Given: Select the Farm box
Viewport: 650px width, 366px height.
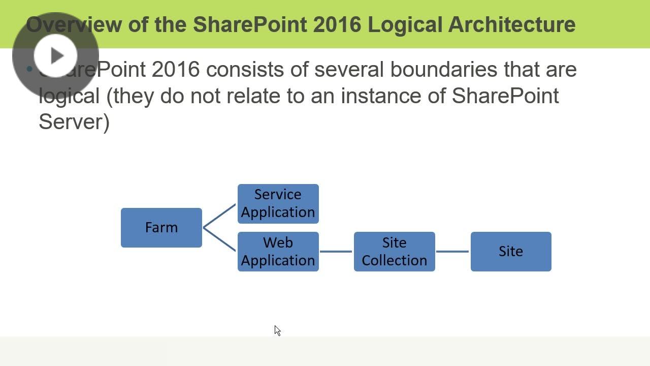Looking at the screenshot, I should (x=161, y=228).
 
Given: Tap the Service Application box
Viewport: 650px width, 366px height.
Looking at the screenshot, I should (x=278, y=204).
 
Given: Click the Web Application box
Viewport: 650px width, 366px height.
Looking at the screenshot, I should (x=278, y=252).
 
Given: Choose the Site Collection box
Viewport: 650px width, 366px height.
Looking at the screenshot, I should (x=395, y=252).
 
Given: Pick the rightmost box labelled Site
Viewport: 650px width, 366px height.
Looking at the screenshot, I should (x=511, y=252).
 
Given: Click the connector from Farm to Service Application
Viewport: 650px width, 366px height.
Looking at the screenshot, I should (x=219, y=216).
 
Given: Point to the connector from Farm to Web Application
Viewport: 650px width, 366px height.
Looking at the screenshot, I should (x=219, y=239).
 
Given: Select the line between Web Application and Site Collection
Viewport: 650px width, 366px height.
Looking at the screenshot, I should (x=336, y=251).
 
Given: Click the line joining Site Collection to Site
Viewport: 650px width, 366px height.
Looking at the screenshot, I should (x=452, y=251).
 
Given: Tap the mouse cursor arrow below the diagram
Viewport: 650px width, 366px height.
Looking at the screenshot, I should (x=277, y=330).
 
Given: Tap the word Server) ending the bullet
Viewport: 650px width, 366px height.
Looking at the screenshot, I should (x=74, y=122).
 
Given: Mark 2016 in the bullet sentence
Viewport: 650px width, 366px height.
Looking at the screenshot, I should (x=176, y=69).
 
